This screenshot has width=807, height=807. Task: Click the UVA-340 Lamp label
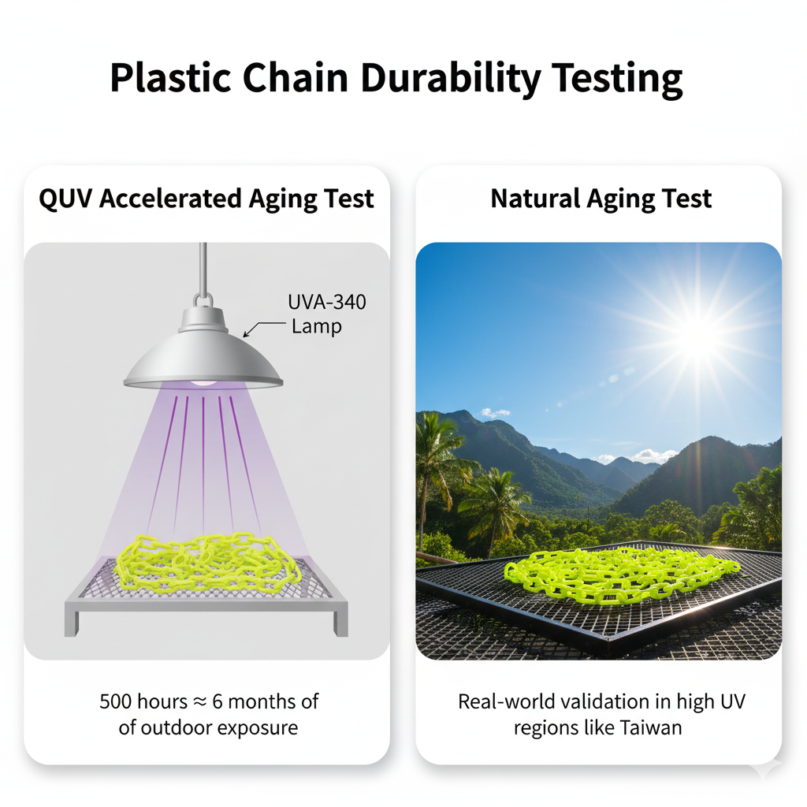point(327,314)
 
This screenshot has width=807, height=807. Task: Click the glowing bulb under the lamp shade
point(204,382)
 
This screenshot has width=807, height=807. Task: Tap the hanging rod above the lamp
point(203,268)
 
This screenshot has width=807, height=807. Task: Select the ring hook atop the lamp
point(203,300)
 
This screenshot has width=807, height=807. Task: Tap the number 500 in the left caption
point(115,701)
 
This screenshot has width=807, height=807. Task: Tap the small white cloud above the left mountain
point(495,413)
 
